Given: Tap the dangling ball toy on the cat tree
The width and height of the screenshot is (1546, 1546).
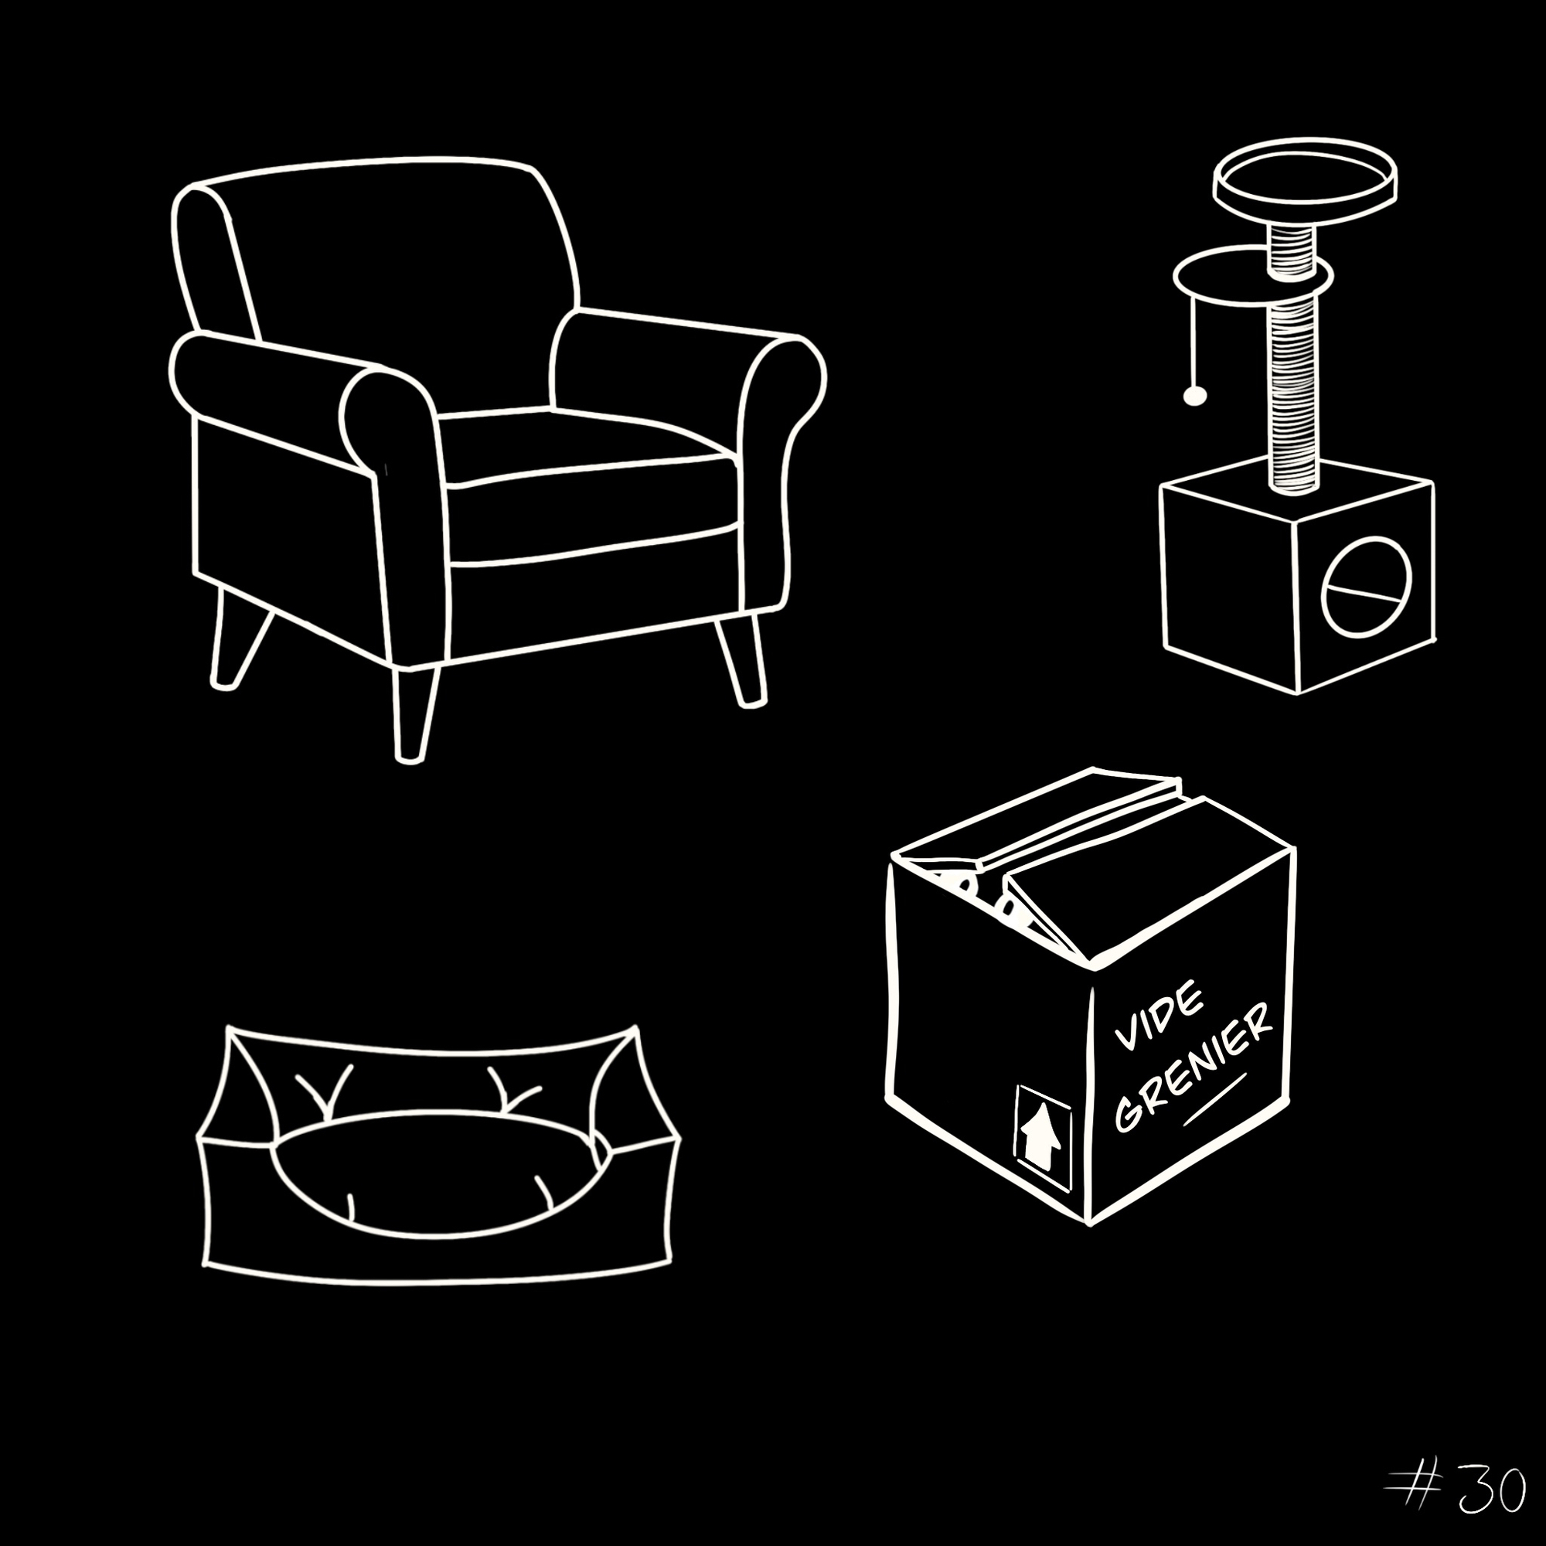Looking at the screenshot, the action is click(x=1194, y=395).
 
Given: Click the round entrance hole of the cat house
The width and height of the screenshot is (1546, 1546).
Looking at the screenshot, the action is click(x=1366, y=587).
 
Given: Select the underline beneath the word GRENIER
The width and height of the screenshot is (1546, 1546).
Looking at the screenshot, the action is click(x=1214, y=1099).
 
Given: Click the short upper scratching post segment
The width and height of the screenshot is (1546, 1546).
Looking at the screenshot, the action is click(x=1291, y=247).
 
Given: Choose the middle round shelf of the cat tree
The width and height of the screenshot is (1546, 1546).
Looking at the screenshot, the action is click(x=1253, y=281).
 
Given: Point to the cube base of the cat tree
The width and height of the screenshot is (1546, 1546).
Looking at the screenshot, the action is click(x=1296, y=575).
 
